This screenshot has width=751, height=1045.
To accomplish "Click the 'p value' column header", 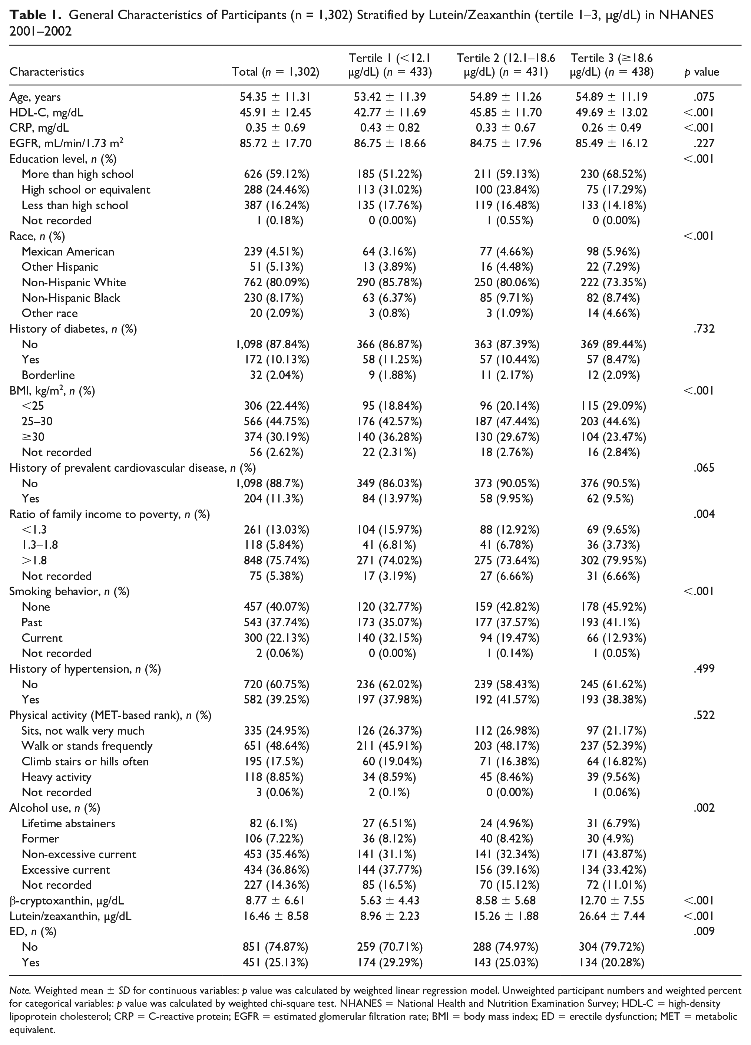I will point(702,72).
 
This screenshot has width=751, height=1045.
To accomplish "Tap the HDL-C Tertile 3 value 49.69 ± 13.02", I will point(612,112).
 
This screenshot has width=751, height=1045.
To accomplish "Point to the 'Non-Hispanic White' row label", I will point(74,283).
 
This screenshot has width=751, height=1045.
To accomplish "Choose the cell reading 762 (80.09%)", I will point(276,283).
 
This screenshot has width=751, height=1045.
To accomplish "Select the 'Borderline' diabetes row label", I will point(48,375).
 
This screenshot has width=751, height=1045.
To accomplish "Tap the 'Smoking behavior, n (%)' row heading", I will point(69,591).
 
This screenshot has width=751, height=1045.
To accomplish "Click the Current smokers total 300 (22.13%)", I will point(276,638).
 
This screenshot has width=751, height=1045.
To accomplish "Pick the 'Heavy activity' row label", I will point(56,777).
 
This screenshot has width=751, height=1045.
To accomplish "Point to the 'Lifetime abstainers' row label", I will point(68,823).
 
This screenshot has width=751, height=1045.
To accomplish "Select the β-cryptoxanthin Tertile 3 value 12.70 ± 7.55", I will point(612,900).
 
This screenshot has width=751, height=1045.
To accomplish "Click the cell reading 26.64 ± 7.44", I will point(612,916).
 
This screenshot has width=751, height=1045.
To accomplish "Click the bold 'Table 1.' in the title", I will point(36,16).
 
